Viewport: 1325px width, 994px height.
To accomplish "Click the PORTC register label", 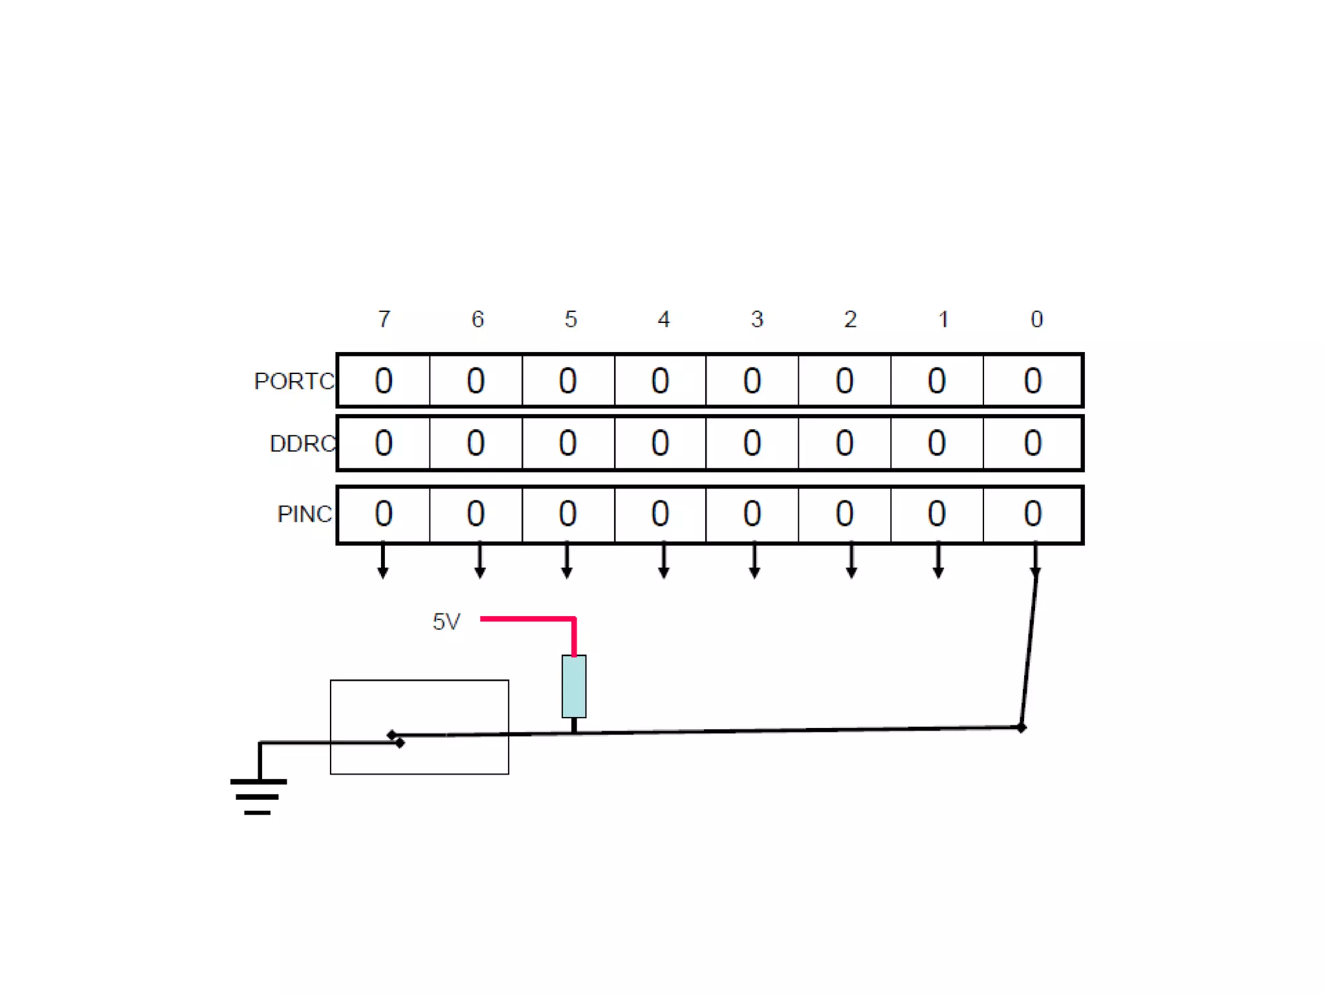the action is [294, 381].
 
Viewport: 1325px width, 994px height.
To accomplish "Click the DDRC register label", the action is [303, 444].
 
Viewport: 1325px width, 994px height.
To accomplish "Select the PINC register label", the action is [305, 514].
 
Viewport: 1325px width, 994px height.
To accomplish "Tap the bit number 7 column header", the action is [384, 319].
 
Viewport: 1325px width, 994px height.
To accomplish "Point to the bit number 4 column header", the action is [664, 319].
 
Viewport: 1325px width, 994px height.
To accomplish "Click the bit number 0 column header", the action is [1036, 319].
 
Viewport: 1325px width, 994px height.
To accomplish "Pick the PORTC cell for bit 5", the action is [568, 381].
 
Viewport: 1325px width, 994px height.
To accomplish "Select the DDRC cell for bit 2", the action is [844, 443].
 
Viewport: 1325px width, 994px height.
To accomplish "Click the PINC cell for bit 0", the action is [1033, 514].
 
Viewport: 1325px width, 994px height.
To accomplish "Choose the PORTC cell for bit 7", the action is [384, 381].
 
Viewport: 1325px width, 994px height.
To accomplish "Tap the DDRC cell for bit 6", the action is [476, 443].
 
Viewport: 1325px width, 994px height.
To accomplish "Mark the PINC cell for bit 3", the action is [752, 514].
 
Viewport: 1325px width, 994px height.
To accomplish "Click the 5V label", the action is [446, 622].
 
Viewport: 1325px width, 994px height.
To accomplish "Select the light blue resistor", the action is [574, 686].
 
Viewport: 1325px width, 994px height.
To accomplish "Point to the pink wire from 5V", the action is [528, 619].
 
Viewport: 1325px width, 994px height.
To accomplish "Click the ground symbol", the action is [258, 796].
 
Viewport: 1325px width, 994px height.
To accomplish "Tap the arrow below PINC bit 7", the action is [383, 561].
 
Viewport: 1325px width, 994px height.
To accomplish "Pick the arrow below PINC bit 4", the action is [664, 561].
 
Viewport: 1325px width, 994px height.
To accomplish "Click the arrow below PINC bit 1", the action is [938, 561].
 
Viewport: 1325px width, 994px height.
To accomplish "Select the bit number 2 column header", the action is [850, 319].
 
